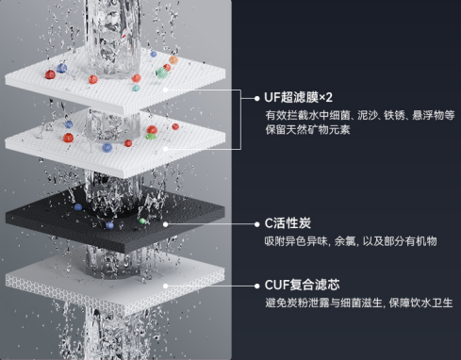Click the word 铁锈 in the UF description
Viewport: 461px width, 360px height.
pos(387,115)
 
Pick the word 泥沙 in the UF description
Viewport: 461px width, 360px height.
pos(358,115)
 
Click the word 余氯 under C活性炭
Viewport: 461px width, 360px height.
pos(340,241)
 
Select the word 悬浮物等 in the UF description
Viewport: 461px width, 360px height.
pos(433,115)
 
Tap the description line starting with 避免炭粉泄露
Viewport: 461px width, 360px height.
pos(358,303)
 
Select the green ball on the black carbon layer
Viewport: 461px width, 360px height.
pos(143,220)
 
